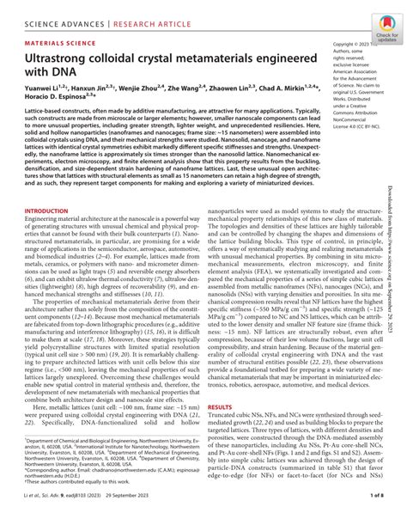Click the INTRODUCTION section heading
point(38,233)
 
